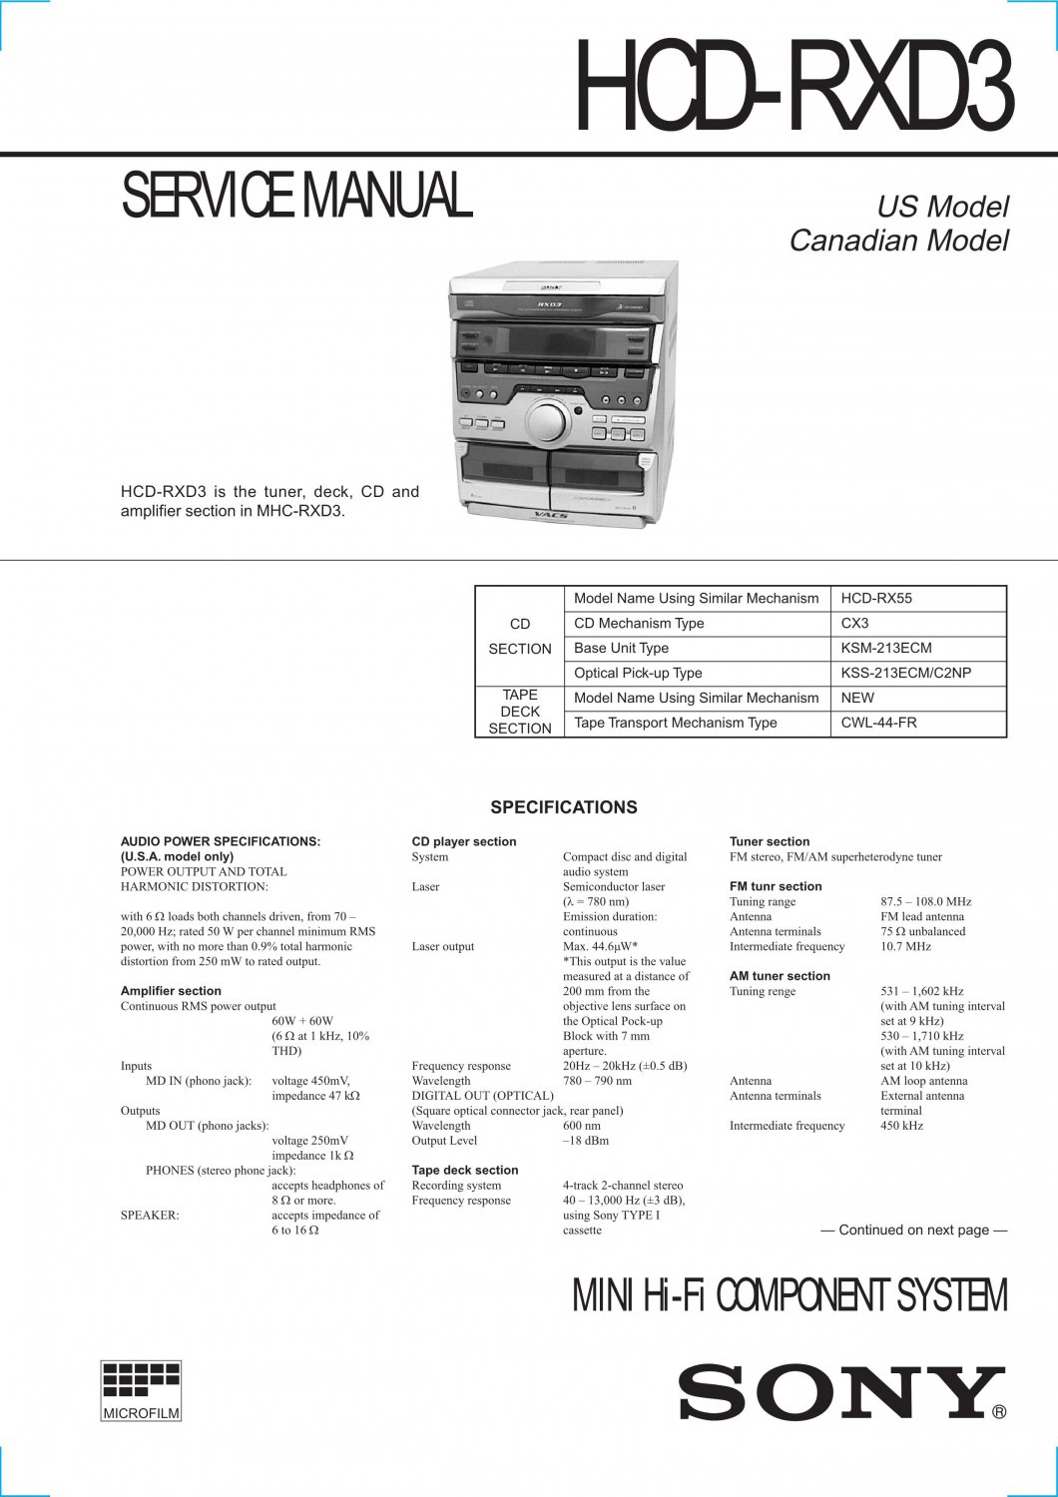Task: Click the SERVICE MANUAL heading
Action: point(295,196)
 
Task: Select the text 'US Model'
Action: point(942,207)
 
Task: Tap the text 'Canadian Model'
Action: point(898,241)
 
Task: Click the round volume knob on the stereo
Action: point(545,421)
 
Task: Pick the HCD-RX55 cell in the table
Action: point(876,599)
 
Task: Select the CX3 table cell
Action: point(854,624)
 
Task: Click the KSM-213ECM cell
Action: point(886,649)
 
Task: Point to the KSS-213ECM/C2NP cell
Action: point(905,674)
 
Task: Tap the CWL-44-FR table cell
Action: point(878,724)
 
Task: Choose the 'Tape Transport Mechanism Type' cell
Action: point(675,724)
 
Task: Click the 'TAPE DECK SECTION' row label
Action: point(520,712)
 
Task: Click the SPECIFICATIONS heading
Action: point(564,807)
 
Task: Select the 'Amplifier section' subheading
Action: point(171,991)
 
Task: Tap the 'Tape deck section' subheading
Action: point(465,1171)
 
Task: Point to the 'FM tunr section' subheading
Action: point(776,886)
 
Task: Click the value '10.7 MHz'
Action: point(905,946)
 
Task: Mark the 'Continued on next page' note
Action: point(913,1231)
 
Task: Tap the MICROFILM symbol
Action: point(141,1390)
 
